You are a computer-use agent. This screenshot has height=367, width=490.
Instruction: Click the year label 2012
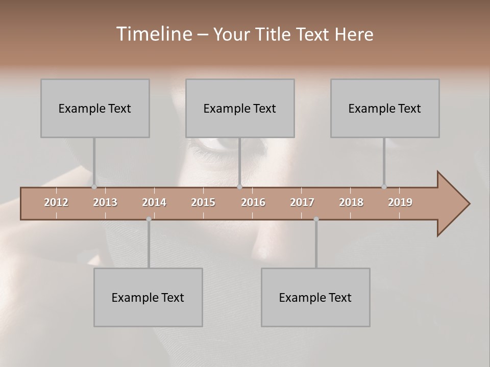coord(56,202)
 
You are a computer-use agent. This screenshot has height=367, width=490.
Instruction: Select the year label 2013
coord(105,202)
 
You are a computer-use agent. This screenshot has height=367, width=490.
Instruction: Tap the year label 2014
coord(154,202)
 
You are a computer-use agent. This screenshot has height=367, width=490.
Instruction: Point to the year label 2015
coord(203,202)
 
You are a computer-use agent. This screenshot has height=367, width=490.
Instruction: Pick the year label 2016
coord(253,202)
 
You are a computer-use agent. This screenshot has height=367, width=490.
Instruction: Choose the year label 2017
coord(302,202)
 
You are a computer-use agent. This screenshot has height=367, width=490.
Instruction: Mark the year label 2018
coord(351,202)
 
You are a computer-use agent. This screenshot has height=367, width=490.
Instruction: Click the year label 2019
coord(400,202)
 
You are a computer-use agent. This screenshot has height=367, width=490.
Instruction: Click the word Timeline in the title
coord(154,34)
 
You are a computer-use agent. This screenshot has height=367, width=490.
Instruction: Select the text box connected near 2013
coord(95,108)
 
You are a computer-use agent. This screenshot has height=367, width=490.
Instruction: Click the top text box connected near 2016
coord(240,108)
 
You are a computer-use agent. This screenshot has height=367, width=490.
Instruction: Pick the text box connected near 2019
coord(385,108)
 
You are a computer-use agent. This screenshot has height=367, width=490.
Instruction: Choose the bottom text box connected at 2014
coord(148,297)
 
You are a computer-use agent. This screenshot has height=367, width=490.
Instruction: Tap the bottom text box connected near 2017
coord(315,297)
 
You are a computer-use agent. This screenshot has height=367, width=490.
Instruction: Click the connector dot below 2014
coord(149,219)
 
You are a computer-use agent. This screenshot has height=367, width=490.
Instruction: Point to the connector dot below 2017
coord(316,219)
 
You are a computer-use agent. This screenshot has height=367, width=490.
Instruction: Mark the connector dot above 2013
coord(94,187)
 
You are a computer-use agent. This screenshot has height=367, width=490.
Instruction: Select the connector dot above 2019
coord(384,187)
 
